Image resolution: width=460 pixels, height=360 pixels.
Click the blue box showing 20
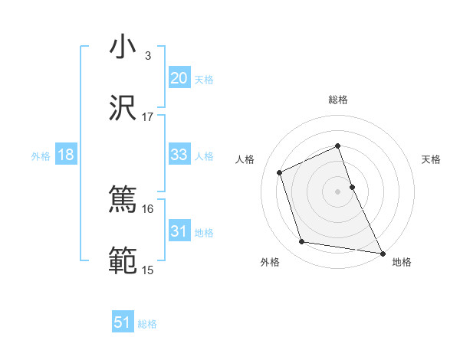click(x=179, y=78)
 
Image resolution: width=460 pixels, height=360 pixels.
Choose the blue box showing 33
click(x=179, y=155)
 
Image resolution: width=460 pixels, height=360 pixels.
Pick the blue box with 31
click(x=179, y=231)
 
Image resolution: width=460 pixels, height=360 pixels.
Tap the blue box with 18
click(x=66, y=155)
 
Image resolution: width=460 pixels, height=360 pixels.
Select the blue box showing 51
click(x=123, y=322)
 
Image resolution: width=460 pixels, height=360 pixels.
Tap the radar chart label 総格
click(x=337, y=100)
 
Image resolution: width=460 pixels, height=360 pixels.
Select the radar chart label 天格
click(x=431, y=159)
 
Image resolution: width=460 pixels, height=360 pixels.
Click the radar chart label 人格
click(x=245, y=159)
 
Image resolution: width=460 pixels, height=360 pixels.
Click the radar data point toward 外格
click(x=302, y=242)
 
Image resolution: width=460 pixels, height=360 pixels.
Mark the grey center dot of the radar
click(x=337, y=191)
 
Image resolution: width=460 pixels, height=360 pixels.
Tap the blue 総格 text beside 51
click(x=147, y=324)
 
